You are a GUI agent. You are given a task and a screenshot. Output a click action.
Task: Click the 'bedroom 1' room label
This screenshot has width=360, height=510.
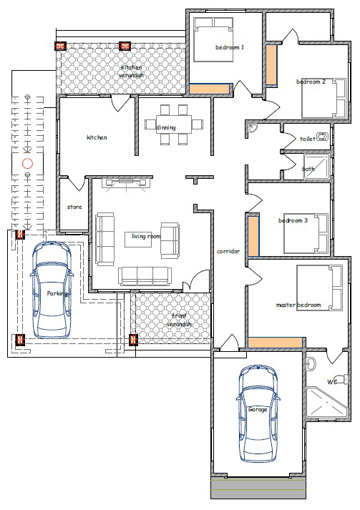tap(230, 47)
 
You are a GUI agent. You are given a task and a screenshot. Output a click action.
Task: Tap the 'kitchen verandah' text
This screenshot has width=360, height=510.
tap(131, 72)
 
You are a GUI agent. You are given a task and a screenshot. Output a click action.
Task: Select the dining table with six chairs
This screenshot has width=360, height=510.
tap(173, 124)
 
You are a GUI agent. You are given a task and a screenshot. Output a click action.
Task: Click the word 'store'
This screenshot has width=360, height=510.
tap(74, 207)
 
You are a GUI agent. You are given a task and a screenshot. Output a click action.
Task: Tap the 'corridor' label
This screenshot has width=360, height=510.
tap(228, 251)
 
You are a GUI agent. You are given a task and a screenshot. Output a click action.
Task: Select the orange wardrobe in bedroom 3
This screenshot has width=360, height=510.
tap(254, 236)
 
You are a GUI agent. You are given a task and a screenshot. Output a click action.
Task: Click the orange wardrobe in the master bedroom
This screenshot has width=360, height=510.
tap(275, 343)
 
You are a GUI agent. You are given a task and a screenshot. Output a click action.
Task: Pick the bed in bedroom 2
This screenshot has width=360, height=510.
tap(323, 98)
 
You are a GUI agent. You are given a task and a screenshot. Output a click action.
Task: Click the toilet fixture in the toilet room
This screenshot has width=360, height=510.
tap(323, 137)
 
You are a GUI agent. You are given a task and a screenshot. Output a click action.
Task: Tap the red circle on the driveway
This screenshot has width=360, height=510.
tap(28, 164)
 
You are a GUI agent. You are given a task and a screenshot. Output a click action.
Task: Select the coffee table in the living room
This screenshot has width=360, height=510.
tap(138, 239)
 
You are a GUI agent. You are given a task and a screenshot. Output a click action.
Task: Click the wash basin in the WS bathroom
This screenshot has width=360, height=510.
tap(311, 363)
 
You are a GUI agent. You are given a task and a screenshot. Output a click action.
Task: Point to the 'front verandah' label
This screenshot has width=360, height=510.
tap(180, 320)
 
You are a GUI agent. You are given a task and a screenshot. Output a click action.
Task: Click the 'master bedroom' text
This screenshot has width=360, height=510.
tap(298, 305)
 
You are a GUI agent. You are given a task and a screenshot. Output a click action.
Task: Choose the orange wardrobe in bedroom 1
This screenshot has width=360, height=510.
tap(209, 89)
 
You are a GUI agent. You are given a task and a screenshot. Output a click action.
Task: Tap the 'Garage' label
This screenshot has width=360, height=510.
tap(258, 409)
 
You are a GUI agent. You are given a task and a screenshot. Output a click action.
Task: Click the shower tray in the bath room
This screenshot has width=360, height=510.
tap(317, 166)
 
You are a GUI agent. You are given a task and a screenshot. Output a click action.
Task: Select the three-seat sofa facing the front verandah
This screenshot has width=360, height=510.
tap(145, 277)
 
